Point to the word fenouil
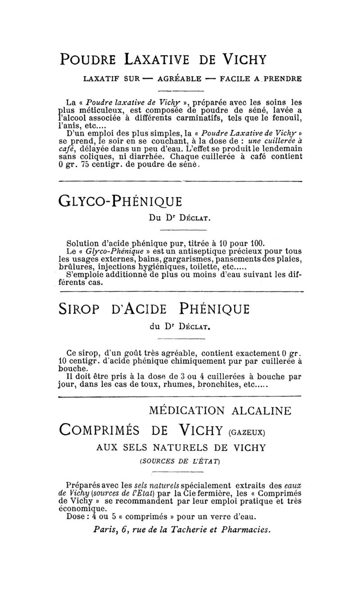coord(285,119)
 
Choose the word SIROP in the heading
coord(82,309)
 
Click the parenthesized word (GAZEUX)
coord(248,433)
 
